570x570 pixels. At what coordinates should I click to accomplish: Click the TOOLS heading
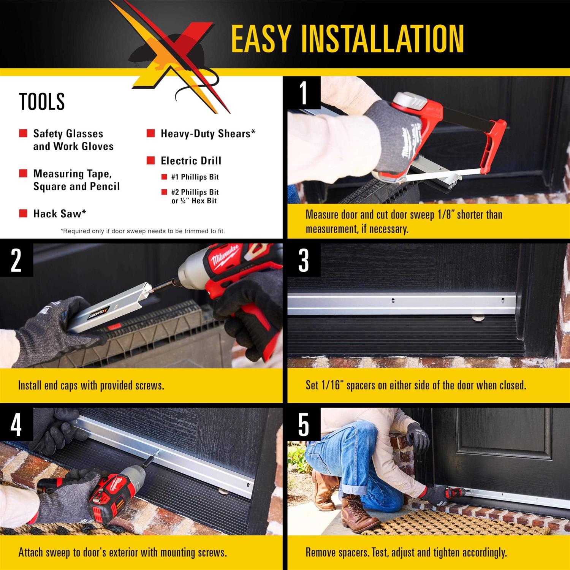[42, 101]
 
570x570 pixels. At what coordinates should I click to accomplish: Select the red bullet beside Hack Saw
[23, 213]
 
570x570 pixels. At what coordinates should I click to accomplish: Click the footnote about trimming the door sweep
[142, 231]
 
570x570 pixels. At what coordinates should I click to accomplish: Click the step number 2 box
[16, 260]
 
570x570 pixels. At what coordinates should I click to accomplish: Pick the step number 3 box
[304, 260]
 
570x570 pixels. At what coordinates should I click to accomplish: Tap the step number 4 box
[16, 424]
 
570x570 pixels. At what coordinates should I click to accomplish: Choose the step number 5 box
[304, 424]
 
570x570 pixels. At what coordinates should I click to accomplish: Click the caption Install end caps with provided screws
[91, 385]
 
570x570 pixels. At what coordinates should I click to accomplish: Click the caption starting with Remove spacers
[406, 552]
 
